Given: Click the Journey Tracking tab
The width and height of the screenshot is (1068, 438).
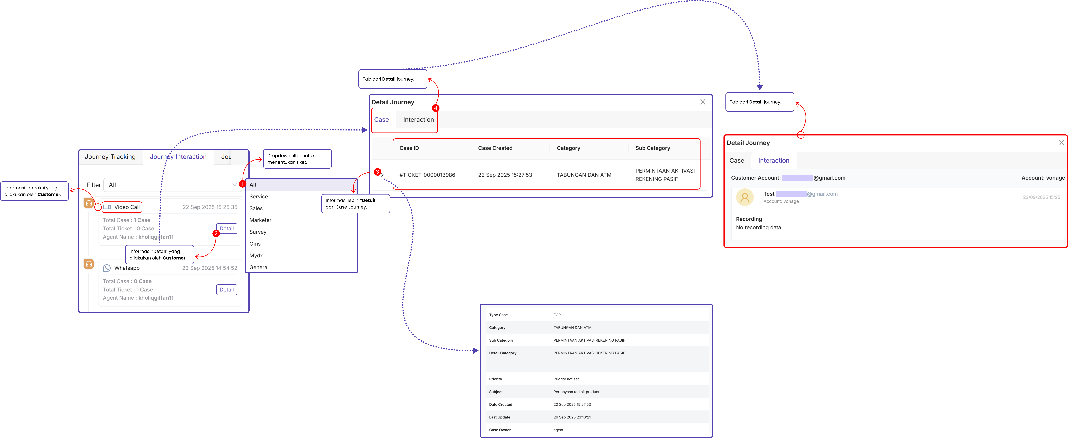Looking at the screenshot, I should tap(110, 157).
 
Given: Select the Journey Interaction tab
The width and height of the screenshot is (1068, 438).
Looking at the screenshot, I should tap(178, 157).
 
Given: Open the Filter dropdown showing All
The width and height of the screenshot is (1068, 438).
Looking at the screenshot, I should tap(172, 185).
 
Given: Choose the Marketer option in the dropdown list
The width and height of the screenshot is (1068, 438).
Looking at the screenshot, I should tap(260, 220).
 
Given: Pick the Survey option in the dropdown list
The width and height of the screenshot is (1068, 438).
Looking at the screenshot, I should tap(258, 232).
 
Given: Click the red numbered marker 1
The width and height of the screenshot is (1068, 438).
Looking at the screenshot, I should tap(242, 184).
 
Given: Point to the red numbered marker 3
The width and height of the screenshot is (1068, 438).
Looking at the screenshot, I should tap(377, 172).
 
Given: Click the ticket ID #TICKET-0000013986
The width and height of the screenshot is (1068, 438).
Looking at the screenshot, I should tap(427, 175).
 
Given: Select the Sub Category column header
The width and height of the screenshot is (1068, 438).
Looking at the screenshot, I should tap(653, 148).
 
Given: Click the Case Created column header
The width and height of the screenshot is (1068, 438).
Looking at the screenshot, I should tap(495, 148).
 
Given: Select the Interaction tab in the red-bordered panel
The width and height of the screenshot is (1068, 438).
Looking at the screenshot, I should tap(774, 160).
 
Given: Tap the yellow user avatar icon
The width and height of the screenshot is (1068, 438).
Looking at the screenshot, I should tap(745, 197).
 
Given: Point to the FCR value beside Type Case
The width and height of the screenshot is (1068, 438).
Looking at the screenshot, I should tap(557, 315).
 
